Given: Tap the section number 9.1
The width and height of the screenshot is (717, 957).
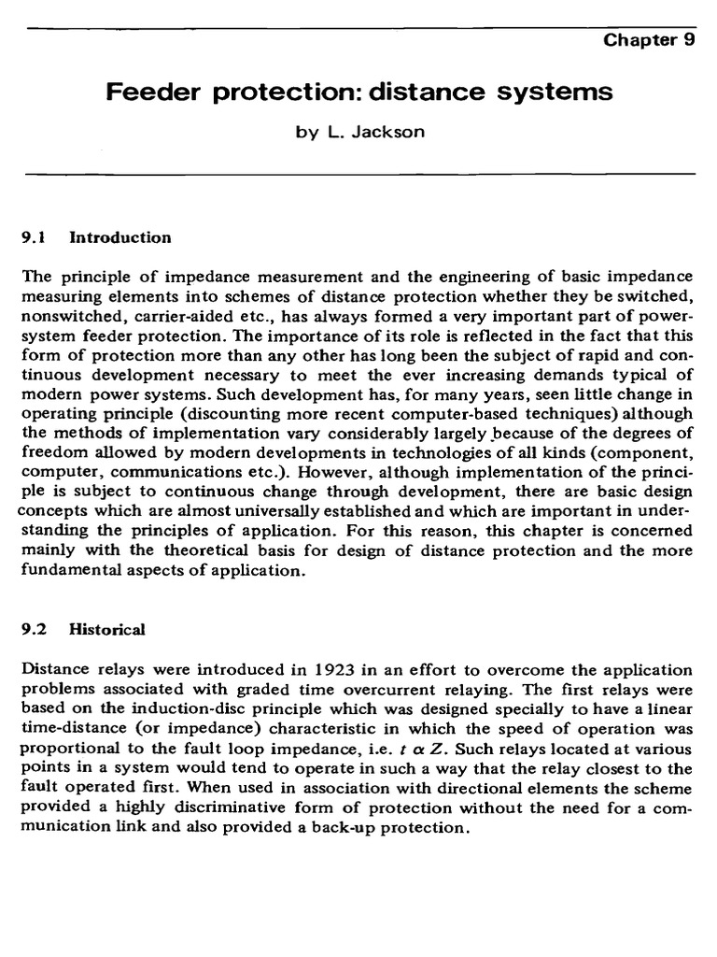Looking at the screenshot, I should (34, 237).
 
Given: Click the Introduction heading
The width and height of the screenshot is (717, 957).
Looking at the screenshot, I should (120, 237).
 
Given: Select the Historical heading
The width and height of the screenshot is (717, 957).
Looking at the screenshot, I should (107, 629).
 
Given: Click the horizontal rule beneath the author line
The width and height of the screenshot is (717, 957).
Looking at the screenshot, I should (359, 174).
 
